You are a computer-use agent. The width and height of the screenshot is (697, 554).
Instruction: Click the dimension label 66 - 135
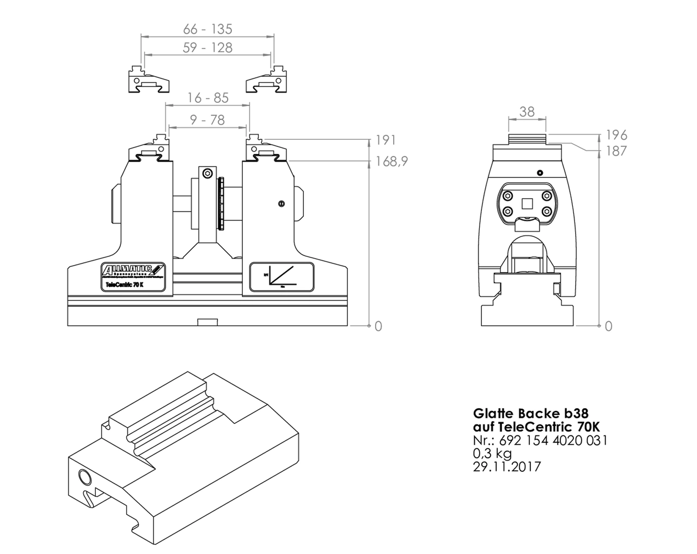click(207, 29)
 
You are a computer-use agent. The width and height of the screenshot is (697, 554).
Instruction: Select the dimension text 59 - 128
click(207, 48)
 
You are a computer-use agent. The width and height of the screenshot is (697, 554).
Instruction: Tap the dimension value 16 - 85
click(207, 98)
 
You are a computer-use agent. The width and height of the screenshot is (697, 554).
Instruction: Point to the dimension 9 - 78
click(207, 120)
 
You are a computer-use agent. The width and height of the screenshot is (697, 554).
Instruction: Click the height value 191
click(386, 140)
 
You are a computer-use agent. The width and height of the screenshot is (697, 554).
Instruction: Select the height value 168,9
click(391, 162)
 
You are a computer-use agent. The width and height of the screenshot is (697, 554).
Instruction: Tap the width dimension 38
click(527, 112)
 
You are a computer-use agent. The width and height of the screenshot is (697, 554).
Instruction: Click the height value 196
click(616, 135)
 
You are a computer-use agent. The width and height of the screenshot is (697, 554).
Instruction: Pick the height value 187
click(616, 151)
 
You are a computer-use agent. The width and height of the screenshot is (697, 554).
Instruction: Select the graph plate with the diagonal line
click(282, 276)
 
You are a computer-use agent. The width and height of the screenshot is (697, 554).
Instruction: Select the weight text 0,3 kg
click(492, 453)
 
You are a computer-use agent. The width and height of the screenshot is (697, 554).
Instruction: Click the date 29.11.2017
click(507, 466)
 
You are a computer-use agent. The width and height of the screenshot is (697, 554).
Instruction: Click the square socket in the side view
click(527, 204)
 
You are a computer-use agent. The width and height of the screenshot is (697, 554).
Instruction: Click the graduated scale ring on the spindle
click(221, 203)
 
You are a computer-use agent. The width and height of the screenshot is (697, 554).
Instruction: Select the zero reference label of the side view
click(608, 326)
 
